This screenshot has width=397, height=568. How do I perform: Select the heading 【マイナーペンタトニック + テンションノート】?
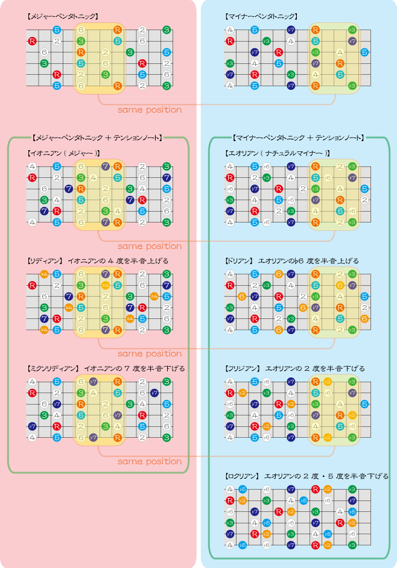(x=299, y=138)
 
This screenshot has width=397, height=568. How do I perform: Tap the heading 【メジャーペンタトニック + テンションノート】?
(x=98, y=138)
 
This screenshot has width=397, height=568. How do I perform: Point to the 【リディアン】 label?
(x=45, y=260)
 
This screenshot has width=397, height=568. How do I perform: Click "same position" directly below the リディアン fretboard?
(x=150, y=353)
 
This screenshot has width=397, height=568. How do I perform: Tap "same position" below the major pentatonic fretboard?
(x=150, y=110)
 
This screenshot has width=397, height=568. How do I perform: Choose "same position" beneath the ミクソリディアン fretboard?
(x=150, y=461)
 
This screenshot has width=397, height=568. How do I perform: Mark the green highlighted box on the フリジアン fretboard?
(x=334, y=409)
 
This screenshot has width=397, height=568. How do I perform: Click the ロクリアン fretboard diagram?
(x=296, y=517)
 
